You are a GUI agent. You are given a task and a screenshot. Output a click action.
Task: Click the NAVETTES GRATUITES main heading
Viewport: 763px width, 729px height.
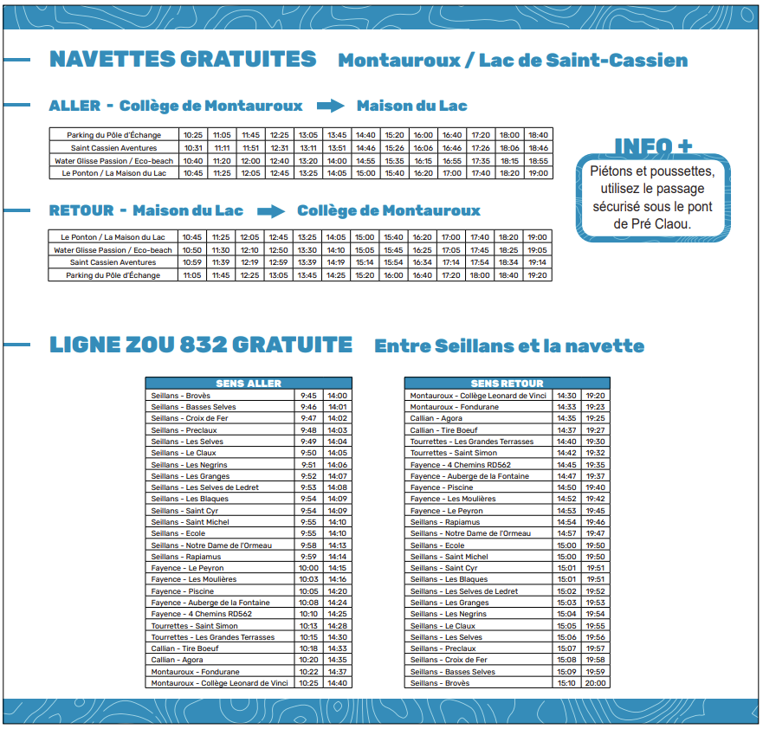[x=183, y=59]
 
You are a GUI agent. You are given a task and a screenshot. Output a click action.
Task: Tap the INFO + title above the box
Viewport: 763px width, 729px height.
[x=653, y=146]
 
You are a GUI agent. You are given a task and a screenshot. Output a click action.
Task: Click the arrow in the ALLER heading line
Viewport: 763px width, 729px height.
[x=330, y=106]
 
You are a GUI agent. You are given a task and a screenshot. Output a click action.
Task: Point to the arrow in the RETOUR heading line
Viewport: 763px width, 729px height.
[x=270, y=210]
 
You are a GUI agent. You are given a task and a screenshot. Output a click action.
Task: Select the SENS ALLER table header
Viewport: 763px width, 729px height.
[x=249, y=383]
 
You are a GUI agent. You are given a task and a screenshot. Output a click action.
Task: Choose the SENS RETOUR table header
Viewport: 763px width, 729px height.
[x=507, y=383]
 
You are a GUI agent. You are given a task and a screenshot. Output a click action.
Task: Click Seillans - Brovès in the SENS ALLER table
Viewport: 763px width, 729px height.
[x=180, y=396]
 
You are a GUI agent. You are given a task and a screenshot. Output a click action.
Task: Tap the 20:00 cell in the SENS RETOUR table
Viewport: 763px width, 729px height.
[x=595, y=683]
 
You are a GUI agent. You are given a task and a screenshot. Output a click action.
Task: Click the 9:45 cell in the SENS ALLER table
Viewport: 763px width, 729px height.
[x=308, y=396]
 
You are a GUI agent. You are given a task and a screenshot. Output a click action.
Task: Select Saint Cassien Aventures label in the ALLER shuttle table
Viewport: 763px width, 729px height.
[x=113, y=148]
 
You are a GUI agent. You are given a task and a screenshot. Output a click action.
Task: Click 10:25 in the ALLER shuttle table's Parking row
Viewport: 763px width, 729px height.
[x=192, y=135]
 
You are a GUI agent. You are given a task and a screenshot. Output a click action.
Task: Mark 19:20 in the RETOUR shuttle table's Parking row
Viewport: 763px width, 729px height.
[x=537, y=275]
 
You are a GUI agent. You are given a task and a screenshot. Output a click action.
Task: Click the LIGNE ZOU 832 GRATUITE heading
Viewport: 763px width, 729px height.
[x=201, y=345]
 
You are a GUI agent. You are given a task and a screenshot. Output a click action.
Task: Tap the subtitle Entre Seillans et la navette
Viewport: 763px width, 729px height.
[x=509, y=346]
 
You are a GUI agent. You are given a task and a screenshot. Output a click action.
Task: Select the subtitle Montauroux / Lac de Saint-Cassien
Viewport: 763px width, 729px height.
[x=513, y=61]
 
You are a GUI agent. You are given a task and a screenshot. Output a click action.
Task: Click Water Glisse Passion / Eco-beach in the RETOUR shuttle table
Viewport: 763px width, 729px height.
[x=113, y=249]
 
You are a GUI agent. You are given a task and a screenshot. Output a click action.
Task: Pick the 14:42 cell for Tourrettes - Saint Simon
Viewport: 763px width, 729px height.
[x=566, y=453]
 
